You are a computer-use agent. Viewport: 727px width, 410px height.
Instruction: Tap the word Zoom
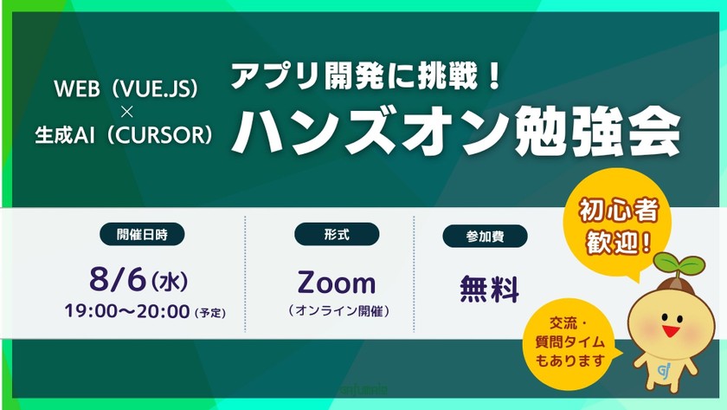coord(337,283)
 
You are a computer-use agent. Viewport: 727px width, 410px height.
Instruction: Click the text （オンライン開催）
coord(337,309)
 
